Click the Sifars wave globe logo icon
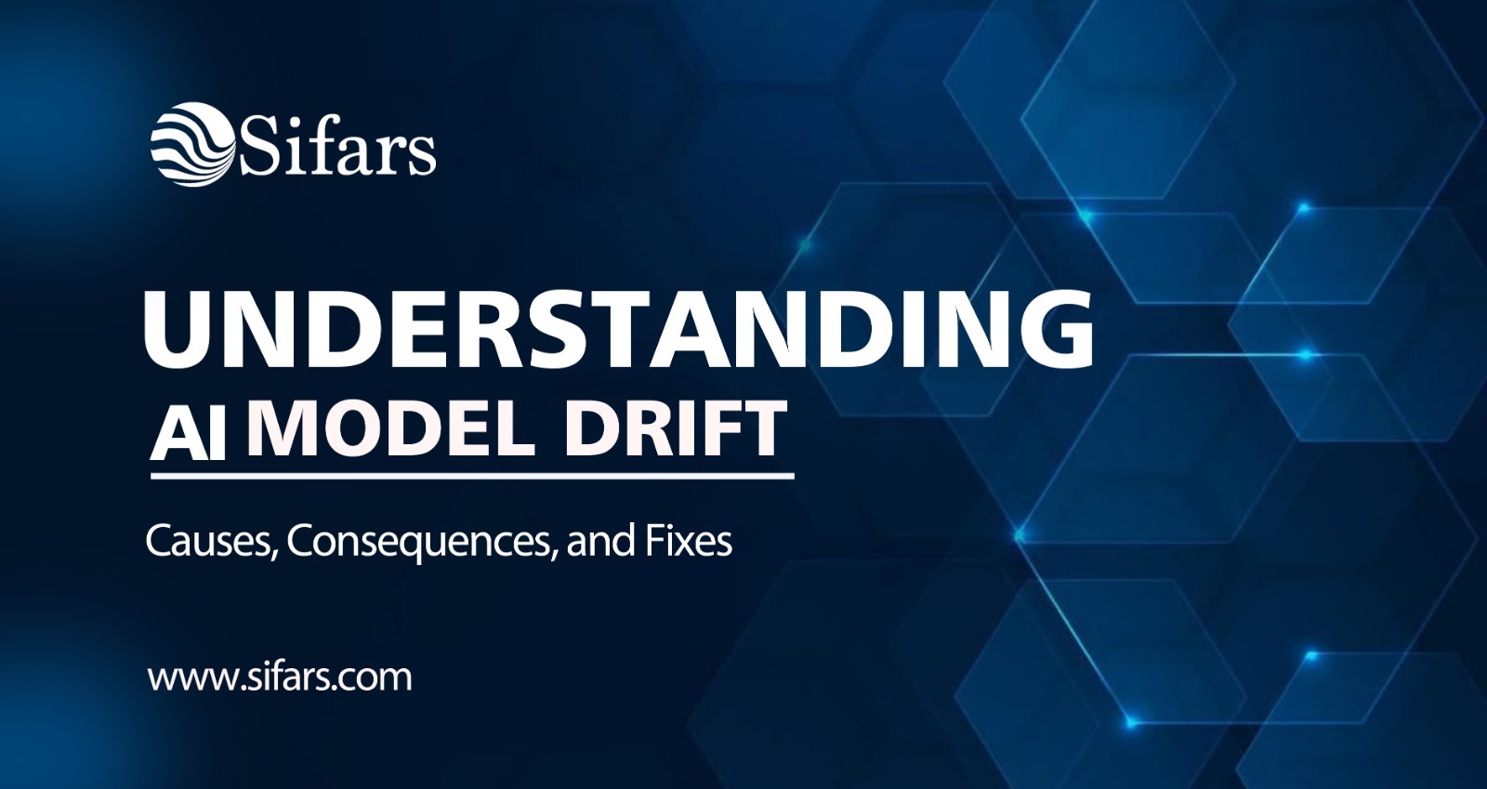pyautogui.click(x=191, y=144)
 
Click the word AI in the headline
pyautogui.click(x=190, y=433)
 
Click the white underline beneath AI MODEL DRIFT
pyautogui.click(x=472, y=476)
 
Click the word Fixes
pyautogui.click(x=689, y=541)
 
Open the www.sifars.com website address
pyautogui.click(x=280, y=677)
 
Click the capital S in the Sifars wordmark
pyautogui.click(x=258, y=148)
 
